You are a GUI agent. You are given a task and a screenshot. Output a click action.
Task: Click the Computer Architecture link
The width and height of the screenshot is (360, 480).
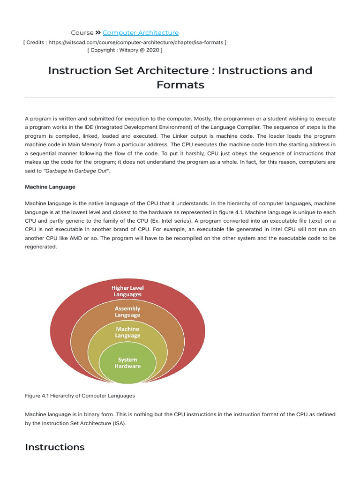[x=141, y=33]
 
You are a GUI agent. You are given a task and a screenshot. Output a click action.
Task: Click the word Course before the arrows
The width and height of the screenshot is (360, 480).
[x=82, y=33]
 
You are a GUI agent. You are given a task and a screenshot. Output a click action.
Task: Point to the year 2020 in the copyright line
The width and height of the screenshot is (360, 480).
[x=152, y=50]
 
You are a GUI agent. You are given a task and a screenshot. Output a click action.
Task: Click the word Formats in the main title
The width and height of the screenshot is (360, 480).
[x=180, y=85]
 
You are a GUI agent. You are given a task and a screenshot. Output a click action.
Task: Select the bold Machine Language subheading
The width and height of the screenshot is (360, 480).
[x=50, y=187]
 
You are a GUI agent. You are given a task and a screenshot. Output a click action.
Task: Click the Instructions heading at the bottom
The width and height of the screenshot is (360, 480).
[x=54, y=447]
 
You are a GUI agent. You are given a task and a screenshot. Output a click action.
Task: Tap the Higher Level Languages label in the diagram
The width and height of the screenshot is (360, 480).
[x=127, y=291]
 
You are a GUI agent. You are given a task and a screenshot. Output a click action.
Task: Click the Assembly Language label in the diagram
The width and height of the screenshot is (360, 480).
[x=127, y=312]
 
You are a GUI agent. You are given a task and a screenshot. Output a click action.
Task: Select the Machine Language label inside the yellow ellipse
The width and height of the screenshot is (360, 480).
[x=127, y=332]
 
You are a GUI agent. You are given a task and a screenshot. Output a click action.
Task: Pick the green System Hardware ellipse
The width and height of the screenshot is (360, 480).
[x=127, y=363]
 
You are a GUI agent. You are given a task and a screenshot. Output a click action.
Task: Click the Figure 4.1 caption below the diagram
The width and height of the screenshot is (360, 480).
[x=80, y=396]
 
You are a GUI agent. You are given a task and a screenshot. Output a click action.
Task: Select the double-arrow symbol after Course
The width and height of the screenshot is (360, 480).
[x=98, y=33]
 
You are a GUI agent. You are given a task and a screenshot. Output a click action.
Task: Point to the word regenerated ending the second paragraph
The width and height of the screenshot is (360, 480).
[x=41, y=247]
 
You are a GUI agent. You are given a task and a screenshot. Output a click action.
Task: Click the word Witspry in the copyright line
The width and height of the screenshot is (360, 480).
[x=128, y=50]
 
